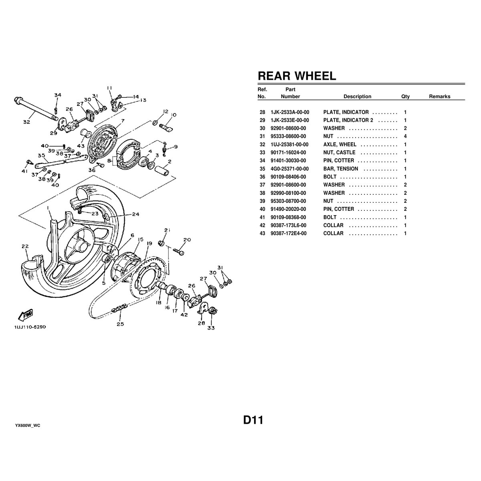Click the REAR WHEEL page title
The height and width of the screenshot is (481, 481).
click(x=296, y=76)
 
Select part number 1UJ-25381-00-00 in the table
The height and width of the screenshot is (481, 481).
click(x=289, y=144)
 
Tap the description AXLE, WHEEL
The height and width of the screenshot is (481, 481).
click(x=340, y=144)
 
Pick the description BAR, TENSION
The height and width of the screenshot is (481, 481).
click(x=340, y=169)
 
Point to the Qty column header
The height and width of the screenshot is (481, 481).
click(x=405, y=96)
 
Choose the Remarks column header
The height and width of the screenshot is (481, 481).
click(x=439, y=96)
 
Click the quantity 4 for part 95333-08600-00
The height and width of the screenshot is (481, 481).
click(x=405, y=136)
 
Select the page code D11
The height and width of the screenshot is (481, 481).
click(x=253, y=420)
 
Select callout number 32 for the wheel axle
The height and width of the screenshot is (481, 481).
click(x=26, y=122)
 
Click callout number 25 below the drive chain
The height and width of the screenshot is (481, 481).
click(x=120, y=324)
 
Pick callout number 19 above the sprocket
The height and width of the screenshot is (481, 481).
click(x=149, y=243)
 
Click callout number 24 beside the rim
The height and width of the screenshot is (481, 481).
click(x=135, y=214)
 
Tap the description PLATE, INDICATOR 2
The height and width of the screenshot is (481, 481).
click(x=348, y=120)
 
